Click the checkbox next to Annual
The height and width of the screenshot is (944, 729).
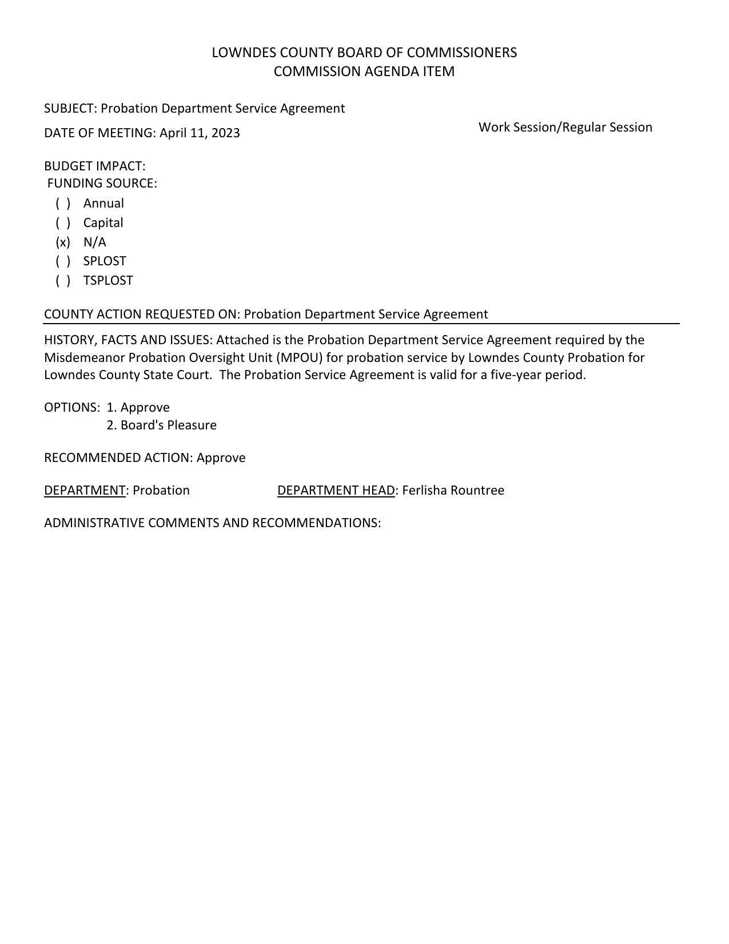point(63,204)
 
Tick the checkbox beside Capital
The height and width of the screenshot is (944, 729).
point(63,223)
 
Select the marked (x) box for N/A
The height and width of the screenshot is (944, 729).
point(63,242)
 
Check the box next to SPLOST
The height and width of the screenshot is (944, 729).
point(63,261)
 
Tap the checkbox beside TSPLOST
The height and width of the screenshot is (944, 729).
point(63,281)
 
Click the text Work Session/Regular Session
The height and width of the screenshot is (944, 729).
point(565,128)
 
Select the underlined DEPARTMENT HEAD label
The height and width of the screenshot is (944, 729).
point(336,491)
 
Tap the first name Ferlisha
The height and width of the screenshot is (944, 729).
point(424,491)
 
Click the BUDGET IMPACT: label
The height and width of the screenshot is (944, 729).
point(95,166)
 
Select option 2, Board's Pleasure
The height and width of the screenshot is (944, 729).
point(162,425)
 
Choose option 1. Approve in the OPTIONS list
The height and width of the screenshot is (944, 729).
point(138,408)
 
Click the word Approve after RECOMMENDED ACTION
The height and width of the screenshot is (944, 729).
point(221,458)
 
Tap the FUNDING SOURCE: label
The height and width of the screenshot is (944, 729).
point(102,184)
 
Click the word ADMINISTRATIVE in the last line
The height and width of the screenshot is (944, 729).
point(94,523)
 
